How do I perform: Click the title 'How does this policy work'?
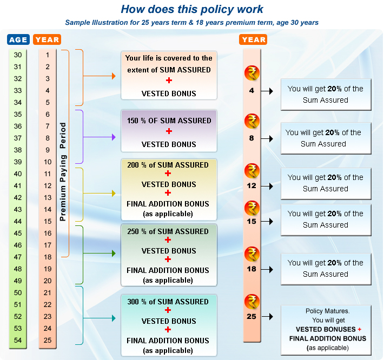pos(191,9)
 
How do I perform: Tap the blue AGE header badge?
pos(18,39)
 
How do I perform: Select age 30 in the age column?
pos(18,55)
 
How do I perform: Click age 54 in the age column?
pos(18,340)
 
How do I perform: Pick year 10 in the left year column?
pos(48,162)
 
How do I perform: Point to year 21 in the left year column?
pos(48,292)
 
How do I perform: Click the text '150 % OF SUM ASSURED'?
pos(169,121)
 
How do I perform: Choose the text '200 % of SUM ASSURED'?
pos(168,165)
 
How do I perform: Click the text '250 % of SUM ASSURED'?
pos(168,231)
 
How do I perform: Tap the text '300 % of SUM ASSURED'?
pos(168,302)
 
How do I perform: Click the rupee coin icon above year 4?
pos(251,72)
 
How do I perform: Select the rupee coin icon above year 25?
pos(251,301)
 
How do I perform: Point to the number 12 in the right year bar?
pos(251,185)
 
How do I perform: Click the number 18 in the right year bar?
pos(251,269)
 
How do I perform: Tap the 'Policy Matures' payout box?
pos(326,330)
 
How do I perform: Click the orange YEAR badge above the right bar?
pos(254,39)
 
